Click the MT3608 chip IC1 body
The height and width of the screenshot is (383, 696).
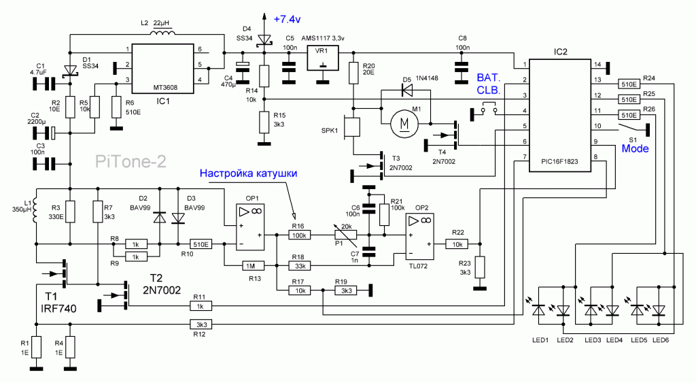point(163,69)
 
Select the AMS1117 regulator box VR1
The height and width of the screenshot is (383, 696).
point(323,57)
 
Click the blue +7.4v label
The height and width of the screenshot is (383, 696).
point(288,19)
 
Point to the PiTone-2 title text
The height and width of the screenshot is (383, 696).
point(130,161)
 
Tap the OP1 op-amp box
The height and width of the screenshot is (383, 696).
point(250,227)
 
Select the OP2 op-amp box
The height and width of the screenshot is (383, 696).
point(419,236)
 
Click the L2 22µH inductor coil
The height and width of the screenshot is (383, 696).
point(162,32)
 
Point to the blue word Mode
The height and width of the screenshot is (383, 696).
point(635,148)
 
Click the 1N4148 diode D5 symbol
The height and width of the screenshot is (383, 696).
point(406,90)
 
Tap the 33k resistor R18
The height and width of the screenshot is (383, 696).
point(300,266)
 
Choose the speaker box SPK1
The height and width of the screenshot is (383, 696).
point(352,127)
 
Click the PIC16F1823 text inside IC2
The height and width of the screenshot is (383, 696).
point(559,162)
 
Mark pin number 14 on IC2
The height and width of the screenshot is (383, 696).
point(597,65)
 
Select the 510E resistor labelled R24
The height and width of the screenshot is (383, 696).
point(629,84)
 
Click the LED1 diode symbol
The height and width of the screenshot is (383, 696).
point(539,310)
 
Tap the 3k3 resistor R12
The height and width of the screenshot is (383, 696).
point(201,324)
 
